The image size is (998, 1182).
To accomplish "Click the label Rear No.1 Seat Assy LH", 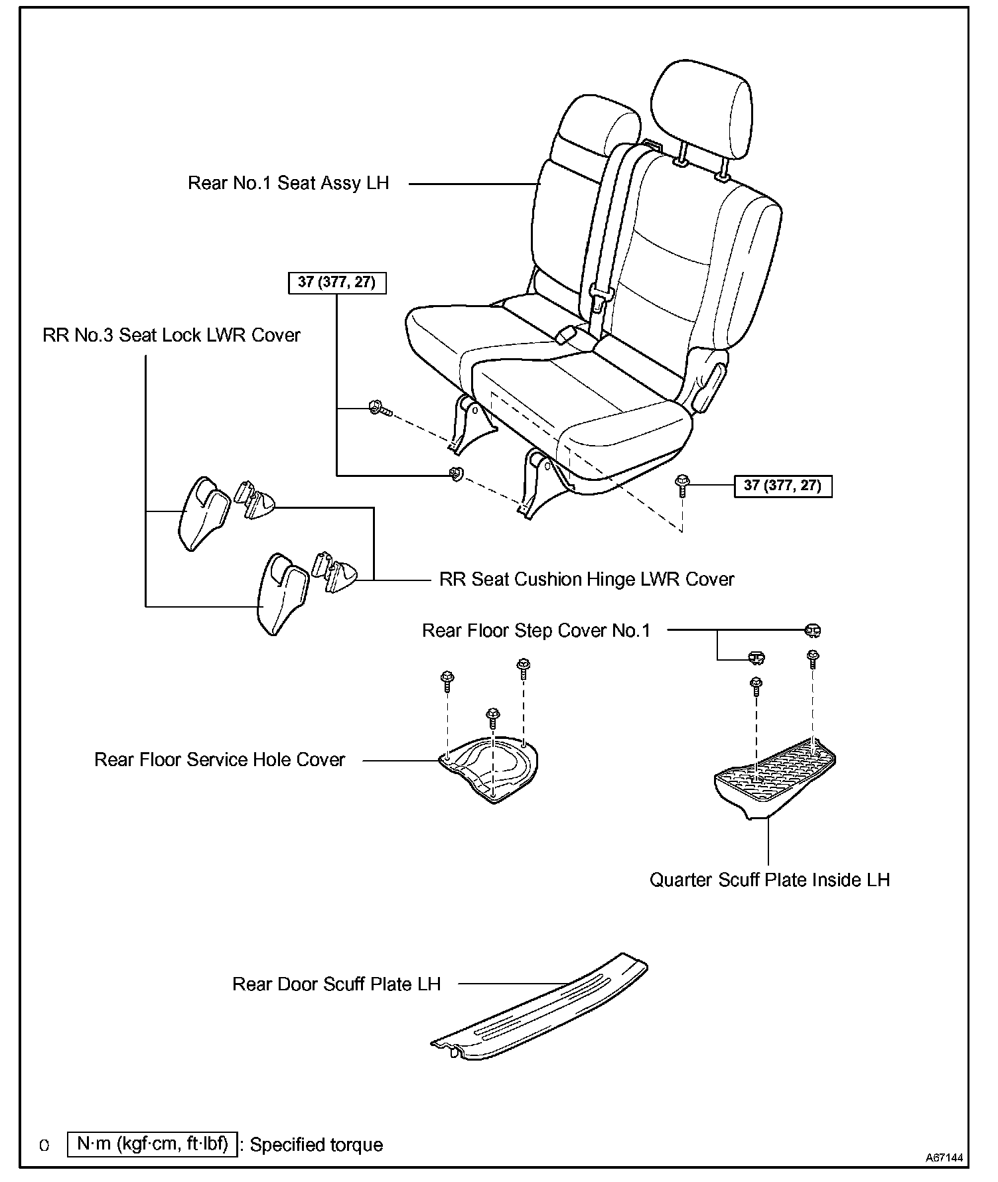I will pos(288,183).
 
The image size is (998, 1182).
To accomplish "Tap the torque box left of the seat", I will pos(337,283).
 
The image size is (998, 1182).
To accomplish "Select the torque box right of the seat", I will pos(782,486).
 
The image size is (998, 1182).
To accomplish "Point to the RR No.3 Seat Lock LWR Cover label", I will pos(171,336).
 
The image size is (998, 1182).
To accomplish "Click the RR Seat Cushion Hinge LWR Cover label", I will pos(587,580).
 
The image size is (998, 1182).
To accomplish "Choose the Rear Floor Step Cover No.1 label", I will pos(536,630).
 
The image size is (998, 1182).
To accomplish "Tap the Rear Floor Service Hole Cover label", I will pos(220,759).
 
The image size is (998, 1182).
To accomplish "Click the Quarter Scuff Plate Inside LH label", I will pos(769,880).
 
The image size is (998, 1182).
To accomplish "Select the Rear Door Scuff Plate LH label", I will pos(336,984).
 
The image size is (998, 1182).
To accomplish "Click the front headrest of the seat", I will pos(701,106).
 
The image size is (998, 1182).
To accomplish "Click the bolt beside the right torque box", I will pos(681,485).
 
